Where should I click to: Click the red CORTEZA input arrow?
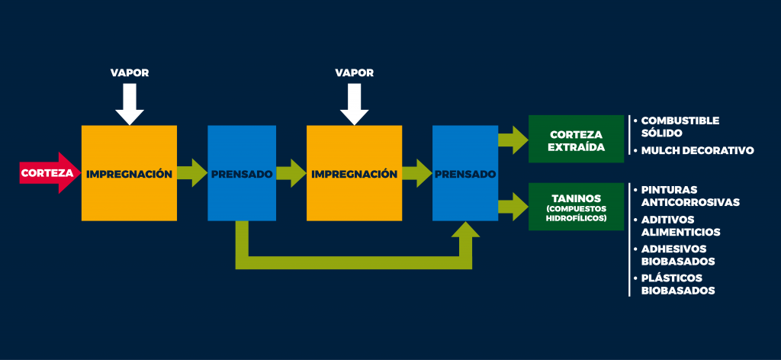(50, 173)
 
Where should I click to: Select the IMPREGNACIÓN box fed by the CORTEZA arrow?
(129, 173)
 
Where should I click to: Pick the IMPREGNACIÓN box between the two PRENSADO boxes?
(354, 173)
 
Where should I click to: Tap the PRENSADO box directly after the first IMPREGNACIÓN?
(242, 173)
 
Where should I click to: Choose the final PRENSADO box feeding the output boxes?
(465, 173)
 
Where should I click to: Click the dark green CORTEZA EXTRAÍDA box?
(577, 139)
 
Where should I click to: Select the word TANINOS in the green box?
(577, 198)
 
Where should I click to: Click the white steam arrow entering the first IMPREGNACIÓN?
(130, 104)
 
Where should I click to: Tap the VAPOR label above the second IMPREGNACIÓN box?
(354, 72)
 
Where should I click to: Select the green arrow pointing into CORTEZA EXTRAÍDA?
(513, 140)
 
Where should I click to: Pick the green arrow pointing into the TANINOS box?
(513, 207)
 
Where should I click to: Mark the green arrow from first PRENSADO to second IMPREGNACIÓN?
(291, 173)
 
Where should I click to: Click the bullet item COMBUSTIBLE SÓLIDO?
(676, 127)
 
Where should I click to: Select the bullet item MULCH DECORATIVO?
(693, 150)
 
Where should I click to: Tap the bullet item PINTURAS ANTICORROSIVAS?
(686, 196)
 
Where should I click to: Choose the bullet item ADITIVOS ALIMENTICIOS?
(677, 226)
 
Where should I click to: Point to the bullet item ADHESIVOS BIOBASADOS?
(674, 255)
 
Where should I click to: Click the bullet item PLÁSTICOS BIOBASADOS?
(674, 284)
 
